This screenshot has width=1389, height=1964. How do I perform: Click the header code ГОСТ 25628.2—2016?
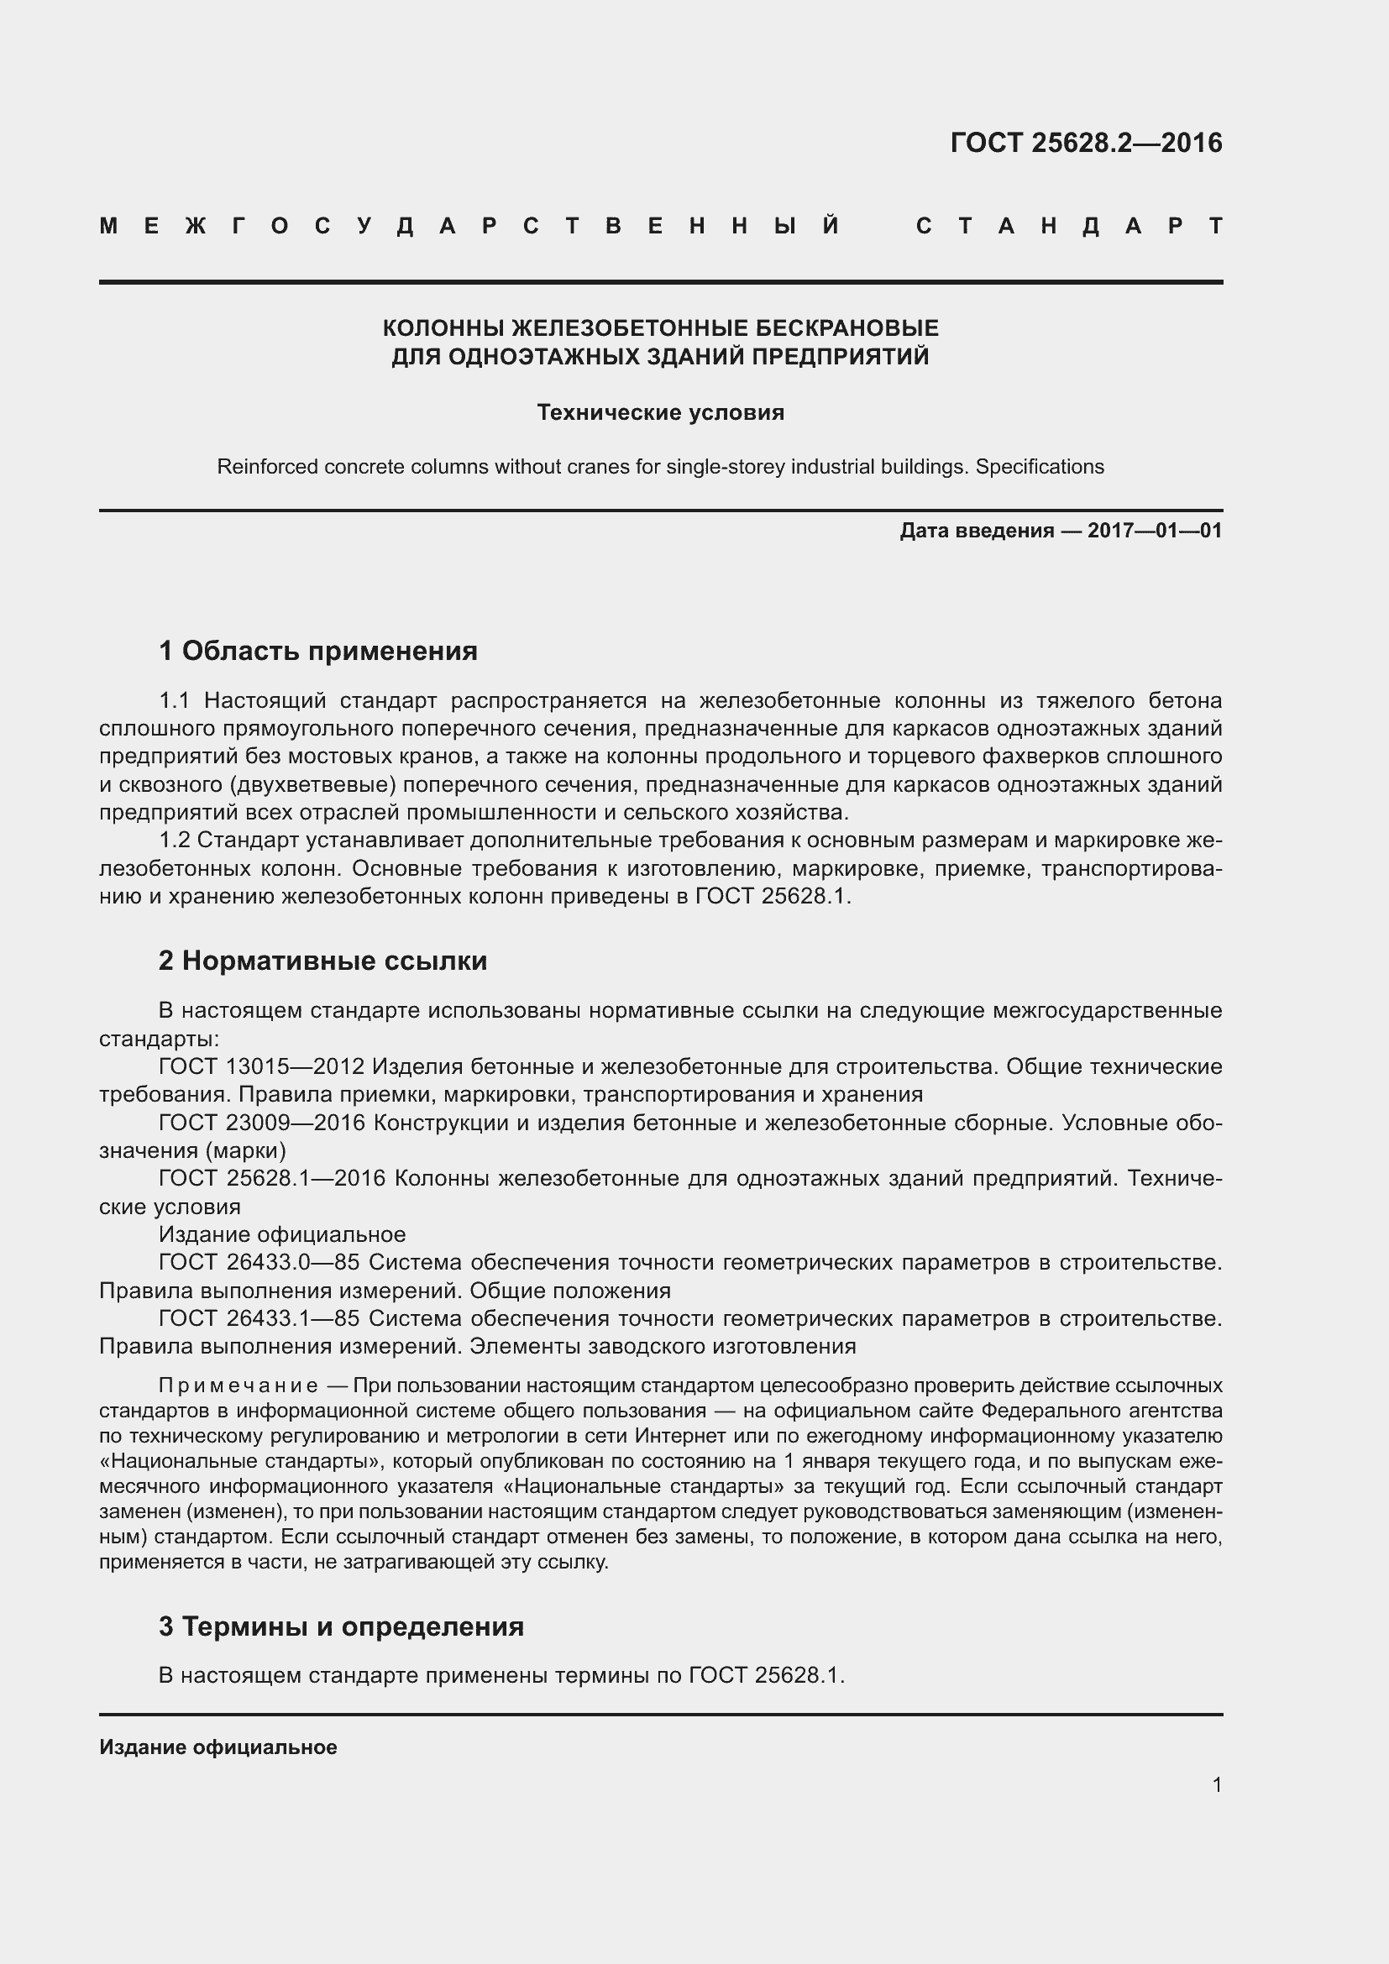[1085, 143]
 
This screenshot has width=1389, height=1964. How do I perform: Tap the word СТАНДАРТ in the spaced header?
[1069, 227]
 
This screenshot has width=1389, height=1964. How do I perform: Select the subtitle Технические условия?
[660, 412]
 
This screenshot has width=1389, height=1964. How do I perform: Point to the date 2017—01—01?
[1155, 531]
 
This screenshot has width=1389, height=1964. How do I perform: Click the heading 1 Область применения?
[318, 652]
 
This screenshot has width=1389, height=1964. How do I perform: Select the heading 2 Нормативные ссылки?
[322, 961]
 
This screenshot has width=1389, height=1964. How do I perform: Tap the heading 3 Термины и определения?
[341, 1626]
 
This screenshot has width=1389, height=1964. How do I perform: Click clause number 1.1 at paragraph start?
[175, 701]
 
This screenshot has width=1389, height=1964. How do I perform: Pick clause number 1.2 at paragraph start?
[175, 841]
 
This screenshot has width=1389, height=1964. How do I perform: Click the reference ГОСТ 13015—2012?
[262, 1066]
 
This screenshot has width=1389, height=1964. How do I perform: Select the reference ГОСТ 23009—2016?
[262, 1123]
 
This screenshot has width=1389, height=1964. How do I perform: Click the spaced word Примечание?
[238, 1385]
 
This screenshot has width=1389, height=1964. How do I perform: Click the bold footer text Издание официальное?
[218, 1747]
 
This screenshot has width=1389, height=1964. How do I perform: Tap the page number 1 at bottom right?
[1216, 1785]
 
